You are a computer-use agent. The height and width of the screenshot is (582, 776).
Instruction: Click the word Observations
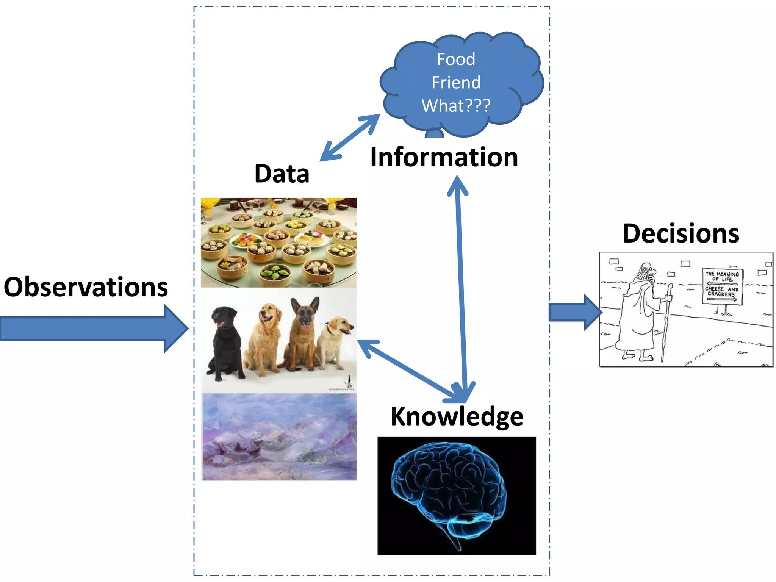pos(86,287)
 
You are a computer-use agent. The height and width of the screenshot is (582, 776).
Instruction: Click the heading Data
pos(282,174)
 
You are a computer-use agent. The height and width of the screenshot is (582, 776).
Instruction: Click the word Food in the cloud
pos(456,59)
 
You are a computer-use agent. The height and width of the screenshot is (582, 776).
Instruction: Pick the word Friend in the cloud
pos(456,83)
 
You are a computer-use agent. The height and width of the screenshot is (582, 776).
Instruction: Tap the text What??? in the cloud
pos(456,106)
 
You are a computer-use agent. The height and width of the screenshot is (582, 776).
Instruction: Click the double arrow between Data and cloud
pos(350,138)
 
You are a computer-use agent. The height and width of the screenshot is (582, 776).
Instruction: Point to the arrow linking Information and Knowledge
pos(462,288)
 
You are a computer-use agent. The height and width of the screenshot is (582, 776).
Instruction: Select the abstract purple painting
pos(279,437)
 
